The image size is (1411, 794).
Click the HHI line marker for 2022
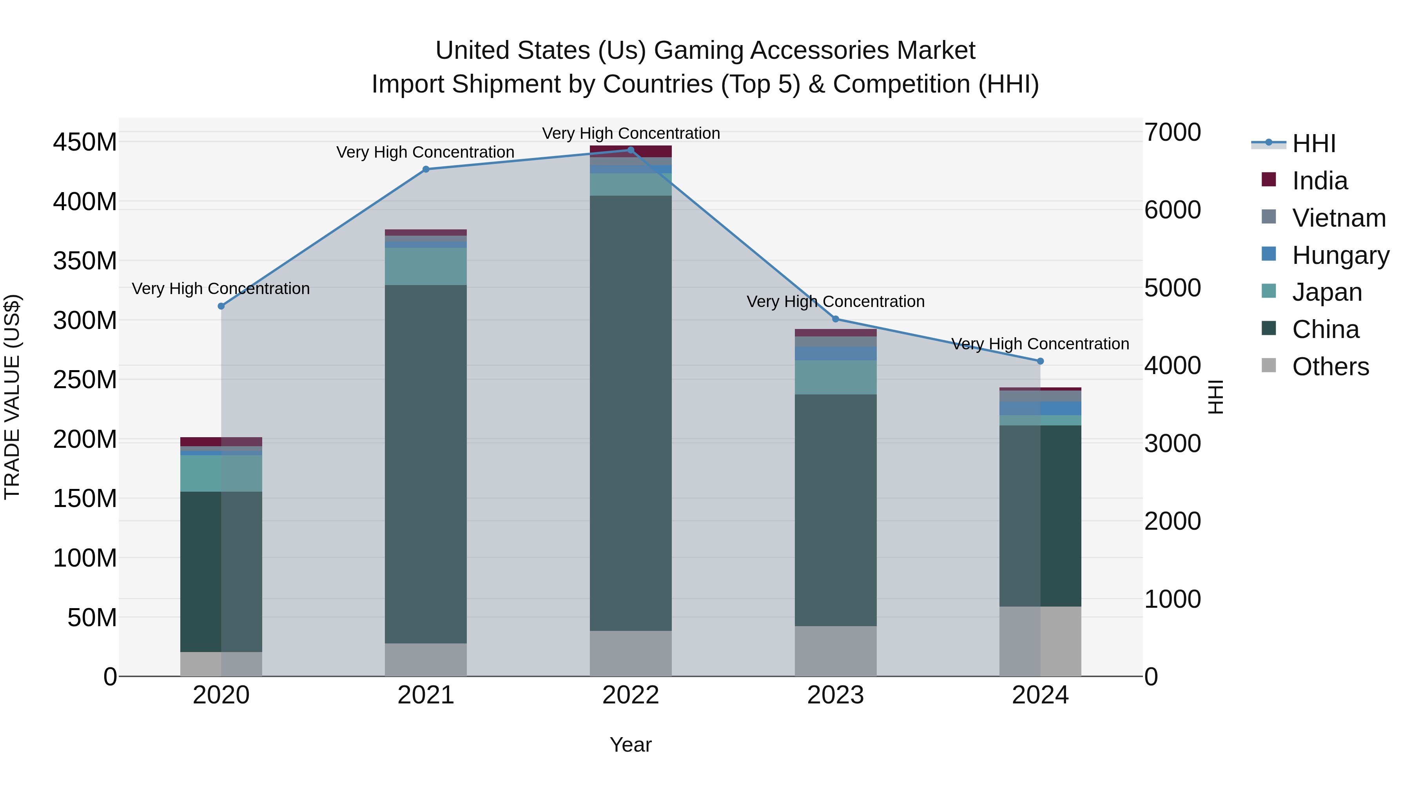click(x=631, y=150)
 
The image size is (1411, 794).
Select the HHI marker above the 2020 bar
click(x=221, y=306)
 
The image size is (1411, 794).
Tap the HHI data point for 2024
click(x=1040, y=361)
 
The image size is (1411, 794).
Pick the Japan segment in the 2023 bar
click(x=835, y=378)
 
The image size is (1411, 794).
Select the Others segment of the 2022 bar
click(x=631, y=653)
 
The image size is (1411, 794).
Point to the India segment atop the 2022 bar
click(x=631, y=151)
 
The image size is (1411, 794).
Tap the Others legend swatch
click(x=1269, y=365)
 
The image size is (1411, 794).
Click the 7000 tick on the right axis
click(x=1172, y=133)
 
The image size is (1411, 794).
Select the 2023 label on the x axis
click(x=835, y=695)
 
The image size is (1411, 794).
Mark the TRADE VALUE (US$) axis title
click(x=13, y=397)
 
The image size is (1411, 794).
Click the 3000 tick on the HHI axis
click(x=1172, y=443)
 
